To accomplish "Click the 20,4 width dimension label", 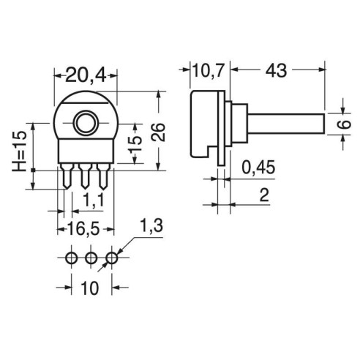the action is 86,75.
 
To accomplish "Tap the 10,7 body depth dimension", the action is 208,71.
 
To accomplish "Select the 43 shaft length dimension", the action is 276,71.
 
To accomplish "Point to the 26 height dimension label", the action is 158,132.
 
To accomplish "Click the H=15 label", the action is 19,151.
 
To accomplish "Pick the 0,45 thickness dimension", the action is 258,168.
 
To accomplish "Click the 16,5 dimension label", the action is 83,229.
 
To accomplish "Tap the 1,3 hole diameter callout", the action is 151,226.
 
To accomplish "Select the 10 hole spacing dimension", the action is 90,288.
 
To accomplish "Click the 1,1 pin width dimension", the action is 94,200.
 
